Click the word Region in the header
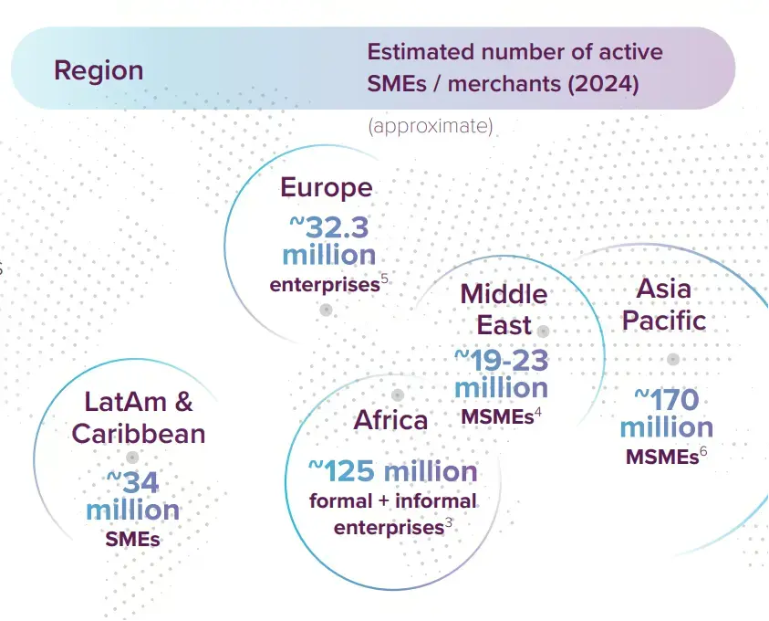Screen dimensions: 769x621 click(x=99, y=70)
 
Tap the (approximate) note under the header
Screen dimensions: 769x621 click(x=430, y=126)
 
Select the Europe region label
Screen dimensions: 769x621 click(x=327, y=187)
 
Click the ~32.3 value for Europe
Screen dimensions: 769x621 click(x=328, y=227)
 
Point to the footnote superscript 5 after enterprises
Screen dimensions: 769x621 click(x=385, y=279)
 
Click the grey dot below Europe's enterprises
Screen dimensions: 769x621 click(x=327, y=310)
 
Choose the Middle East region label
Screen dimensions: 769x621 click(x=504, y=310)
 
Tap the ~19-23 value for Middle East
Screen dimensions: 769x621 click(x=501, y=361)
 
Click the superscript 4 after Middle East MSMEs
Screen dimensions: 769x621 click(x=538, y=412)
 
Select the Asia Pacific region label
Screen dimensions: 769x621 click(x=664, y=304)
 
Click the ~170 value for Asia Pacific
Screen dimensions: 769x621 click(x=667, y=400)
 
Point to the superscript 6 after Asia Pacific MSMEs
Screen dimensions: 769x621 click(x=703, y=451)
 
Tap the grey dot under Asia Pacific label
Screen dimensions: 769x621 click(x=673, y=359)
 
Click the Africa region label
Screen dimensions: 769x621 click(x=390, y=420)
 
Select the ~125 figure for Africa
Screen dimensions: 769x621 click(x=341, y=471)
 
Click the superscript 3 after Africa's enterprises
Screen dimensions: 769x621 click(x=448, y=522)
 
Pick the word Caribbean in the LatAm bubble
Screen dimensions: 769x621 click(x=139, y=434)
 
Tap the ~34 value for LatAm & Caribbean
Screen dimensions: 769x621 click(x=133, y=482)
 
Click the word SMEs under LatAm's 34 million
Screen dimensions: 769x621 click(x=132, y=540)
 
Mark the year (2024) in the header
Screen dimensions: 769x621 click(x=603, y=83)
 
